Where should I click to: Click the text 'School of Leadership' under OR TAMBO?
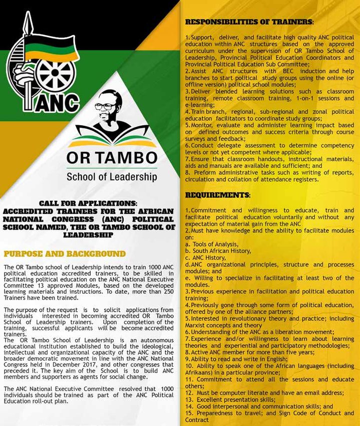111,177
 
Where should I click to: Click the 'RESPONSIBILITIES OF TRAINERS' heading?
249,23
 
